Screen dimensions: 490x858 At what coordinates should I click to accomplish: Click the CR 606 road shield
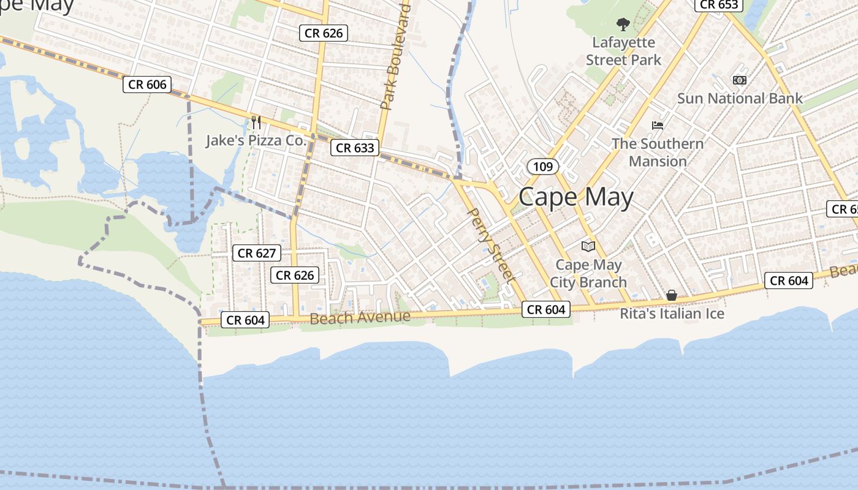(x=147, y=85)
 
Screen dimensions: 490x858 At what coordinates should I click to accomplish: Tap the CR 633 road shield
(x=355, y=148)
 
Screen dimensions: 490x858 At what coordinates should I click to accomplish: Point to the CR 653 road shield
(x=719, y=5)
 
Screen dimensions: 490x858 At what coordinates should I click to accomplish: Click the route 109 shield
(x=542, y=167)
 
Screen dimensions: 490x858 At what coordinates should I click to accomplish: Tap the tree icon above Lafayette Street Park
(x=623, y=25)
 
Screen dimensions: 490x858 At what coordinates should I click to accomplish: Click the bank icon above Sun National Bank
(x=740, y=80)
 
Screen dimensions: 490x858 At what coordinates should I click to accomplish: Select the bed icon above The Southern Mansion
(x=658, y=126)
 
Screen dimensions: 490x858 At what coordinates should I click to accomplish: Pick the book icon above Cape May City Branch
(x=588, y=246)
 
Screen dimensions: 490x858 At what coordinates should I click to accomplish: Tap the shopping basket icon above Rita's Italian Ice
(x=672, y=295)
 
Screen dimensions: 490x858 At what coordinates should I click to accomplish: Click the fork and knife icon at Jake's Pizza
(x=256, y=122)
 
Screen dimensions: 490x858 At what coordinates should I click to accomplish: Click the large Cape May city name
(x=575, y=198)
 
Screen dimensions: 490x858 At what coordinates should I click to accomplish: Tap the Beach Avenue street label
(x=360, y=317)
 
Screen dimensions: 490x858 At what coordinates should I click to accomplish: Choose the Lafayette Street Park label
(x=624, y=51)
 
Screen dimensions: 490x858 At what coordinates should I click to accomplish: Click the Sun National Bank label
(x=740, y=99)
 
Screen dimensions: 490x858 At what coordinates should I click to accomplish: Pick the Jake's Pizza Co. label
(x=256, y=141)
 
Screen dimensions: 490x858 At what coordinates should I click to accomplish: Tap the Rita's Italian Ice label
(x=672, y=314)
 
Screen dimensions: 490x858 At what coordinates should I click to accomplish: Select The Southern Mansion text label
(x=658, y=153)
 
